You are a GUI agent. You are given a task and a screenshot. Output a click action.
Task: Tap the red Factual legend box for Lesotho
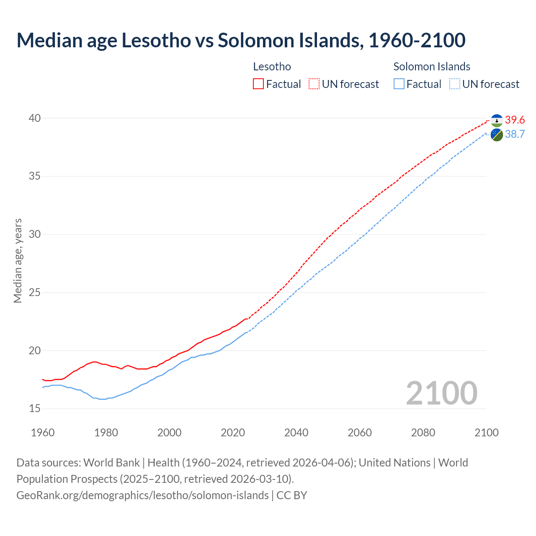(258, 84)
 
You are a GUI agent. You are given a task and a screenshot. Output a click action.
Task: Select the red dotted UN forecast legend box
(314, 84)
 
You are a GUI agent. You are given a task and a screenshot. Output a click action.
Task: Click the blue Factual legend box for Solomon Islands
(399, 84)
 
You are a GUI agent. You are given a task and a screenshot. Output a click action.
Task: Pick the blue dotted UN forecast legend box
(454, 84)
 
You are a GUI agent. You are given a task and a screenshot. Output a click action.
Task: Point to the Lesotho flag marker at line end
(497, 121)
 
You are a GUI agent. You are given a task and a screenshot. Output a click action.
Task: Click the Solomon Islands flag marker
(497, 135)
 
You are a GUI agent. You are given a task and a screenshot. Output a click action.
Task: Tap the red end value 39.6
(515, 120)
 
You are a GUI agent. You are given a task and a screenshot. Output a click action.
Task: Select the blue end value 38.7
(515, 134)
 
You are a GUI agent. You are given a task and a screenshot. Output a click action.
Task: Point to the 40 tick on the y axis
(35, 118)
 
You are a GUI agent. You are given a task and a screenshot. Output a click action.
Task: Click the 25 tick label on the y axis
(35, 292)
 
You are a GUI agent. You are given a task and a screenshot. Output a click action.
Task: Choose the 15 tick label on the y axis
(35, 408)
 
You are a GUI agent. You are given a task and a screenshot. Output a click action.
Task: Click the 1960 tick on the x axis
(43, 433)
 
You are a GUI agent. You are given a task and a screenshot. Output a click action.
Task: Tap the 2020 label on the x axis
(233, 433)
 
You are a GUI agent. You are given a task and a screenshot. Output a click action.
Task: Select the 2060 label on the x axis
(360, 433)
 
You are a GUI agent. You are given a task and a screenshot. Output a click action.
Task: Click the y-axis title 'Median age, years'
(18, 260)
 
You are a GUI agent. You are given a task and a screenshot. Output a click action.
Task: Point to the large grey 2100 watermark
(441, 393)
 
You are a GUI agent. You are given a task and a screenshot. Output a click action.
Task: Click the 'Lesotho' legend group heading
(272, 67)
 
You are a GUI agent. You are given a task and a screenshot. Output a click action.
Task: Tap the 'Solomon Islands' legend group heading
(432, 67)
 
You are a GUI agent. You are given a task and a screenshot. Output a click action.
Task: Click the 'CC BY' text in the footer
(292, 495)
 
